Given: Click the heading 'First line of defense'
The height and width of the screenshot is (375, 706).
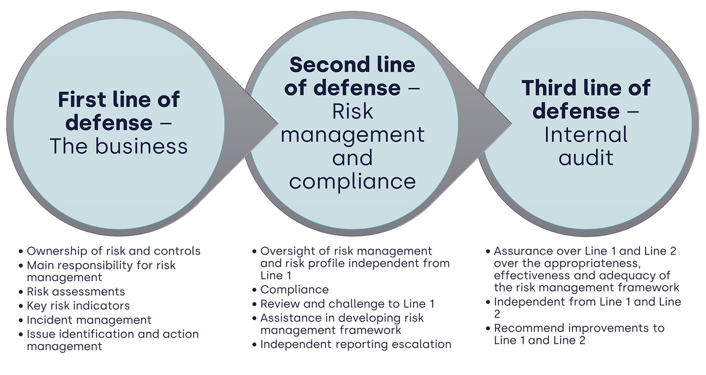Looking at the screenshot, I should pyautogui.click(x=118, y=112).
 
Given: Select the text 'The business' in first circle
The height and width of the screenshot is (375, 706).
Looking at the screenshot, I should pyautogui.click(x=118, y=147).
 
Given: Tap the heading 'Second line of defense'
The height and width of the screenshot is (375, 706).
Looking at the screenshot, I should pyautogui.click(x=352, y=76).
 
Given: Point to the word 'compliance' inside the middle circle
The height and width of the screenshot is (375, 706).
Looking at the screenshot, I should pyautogui.click(x=352, y=181).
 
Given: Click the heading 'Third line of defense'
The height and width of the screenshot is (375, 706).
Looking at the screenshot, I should pyautogui.click(x=586, y=100).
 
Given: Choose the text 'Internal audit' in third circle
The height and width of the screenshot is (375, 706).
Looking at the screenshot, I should pyautogui.click(x=586, y=146).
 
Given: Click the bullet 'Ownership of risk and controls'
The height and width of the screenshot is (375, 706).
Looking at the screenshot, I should pyautogui.click(x=114, y=251).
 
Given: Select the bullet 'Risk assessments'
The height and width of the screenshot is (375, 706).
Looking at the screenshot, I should pyautogui.click(x=76, y=292).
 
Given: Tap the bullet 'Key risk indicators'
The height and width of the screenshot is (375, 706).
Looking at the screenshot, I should pyautogui.click(x=78, y=306).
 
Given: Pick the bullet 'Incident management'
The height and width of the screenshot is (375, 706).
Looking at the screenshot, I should pyautogui.click(x=89, y=320).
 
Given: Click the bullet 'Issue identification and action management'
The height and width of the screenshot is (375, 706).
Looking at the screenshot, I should pyautogui.click(x=113, y=340).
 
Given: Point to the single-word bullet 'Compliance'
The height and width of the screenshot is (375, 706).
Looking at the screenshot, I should pyautogui.click(x=294, y=290).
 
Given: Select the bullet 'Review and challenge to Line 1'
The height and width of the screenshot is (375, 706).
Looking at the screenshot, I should pyautogui.click(x=347, y=304).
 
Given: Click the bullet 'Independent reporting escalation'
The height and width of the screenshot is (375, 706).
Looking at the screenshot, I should pyautogui.click(x=355, y=344).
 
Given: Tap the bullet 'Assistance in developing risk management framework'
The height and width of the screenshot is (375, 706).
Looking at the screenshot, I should pyautogui.click(x=342, y=324).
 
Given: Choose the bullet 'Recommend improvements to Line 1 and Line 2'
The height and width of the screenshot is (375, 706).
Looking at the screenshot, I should pyautogui.click(x=579, y=334).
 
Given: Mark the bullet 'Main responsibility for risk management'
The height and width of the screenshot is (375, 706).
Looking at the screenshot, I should pyautogui.click(x=101, y=271).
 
